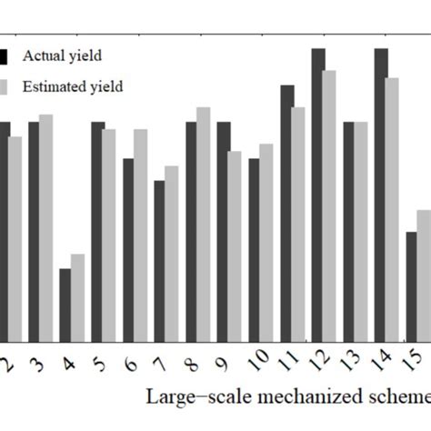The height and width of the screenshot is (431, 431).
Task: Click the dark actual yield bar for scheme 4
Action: pos(65,305)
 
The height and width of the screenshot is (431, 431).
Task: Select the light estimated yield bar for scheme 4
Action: pos(78,297)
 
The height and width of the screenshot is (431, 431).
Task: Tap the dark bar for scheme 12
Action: pos(318,195)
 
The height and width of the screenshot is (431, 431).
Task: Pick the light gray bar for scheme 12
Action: pos(329,205)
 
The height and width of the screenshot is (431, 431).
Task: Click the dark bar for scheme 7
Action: pos(159,260)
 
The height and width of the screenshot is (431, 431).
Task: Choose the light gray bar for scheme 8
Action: pos(203,224)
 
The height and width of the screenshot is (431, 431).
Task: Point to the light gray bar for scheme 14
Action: pos(392,209)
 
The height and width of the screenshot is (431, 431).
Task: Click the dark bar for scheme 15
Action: pos(412,286)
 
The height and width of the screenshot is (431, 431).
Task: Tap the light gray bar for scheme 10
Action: pos(266,242)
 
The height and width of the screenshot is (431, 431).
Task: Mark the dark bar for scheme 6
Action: pos(128,249)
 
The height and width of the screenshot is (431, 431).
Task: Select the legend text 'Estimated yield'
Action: pos(78,87)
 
